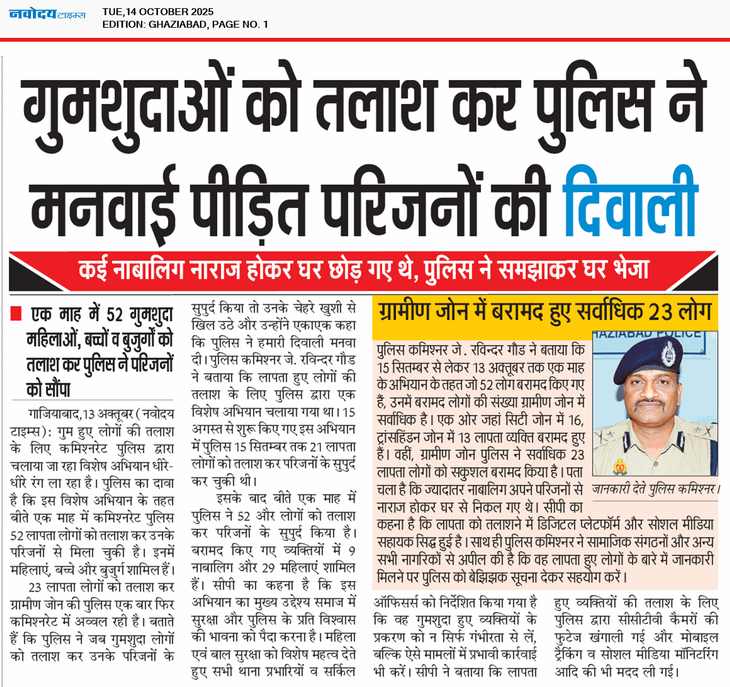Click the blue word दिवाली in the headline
[630, 201]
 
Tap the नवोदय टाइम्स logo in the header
[48, 14]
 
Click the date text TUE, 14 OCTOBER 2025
[158, 11]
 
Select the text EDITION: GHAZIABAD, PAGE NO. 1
[185, 25]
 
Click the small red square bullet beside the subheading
[17, 314]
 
